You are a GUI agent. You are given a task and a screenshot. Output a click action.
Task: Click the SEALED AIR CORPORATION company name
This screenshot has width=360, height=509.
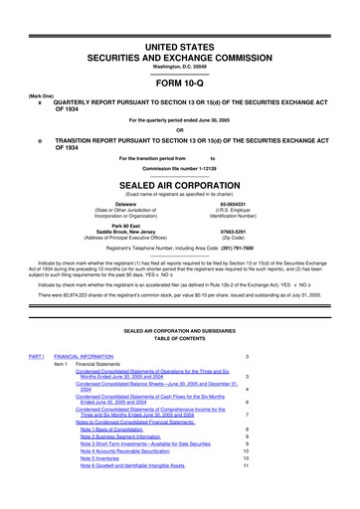click(x=179, y=186)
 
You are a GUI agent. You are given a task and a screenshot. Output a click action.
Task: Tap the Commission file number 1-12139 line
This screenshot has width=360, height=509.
click(x=179, y=167)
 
